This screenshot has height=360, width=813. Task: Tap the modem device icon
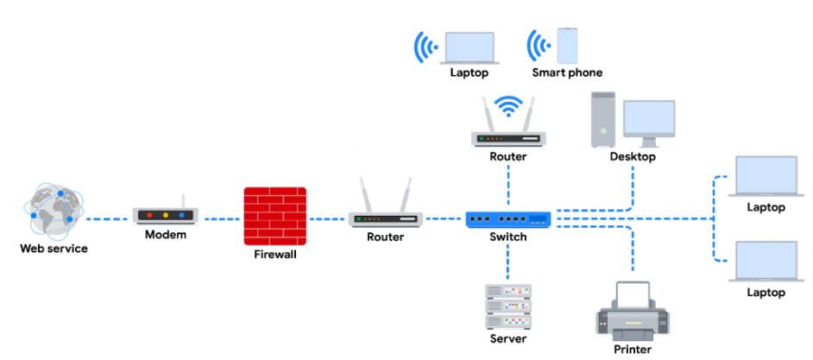click(x=166, y=214)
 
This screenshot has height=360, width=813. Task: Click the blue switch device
click(x=507, y=218)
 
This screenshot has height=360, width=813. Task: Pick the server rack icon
click(x=507, y=306)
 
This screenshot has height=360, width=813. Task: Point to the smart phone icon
click(x=567, y=45)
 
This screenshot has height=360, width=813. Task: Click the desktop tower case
click(x=602, y=119)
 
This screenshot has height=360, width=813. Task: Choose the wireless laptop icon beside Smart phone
click(x=469, y=47)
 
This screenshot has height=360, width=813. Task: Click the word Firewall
click(x=275, y=255)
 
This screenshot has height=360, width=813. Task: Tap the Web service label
click(x=54, y=249)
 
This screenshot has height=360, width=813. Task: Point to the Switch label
click(x=507, y=237)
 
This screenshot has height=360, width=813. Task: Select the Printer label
click(x=632, y=349)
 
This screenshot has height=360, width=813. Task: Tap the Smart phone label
click(x=567, y=73)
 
